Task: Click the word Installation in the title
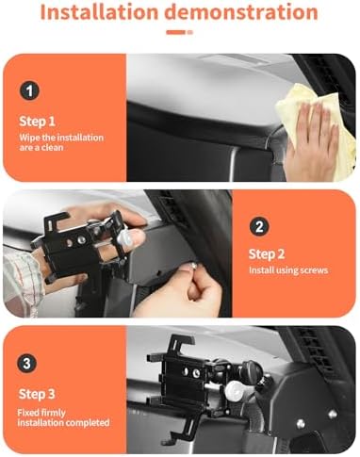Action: click(x=99, y=12)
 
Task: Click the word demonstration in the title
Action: click(x=241, y=12)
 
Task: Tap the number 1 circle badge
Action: click(x=29, y=91)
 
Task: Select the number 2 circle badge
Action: click(x=259, y=226)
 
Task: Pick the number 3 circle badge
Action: click(x=27, y=364)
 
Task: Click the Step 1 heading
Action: click(x=37, y=122)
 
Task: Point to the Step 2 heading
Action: click(x=267, y=254)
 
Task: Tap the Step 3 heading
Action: click(x=37, y=394)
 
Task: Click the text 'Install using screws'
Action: click(x=288, y=270)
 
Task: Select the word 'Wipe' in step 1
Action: click(x=27, y=138)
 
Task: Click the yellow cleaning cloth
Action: click(x=314, y=125)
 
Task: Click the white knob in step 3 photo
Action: click(x=234, y=390)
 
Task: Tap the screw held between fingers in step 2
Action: click(x=193, y=267)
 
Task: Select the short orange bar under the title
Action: click(x=176, y=32)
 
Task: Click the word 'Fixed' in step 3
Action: click(x=26, y=413)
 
